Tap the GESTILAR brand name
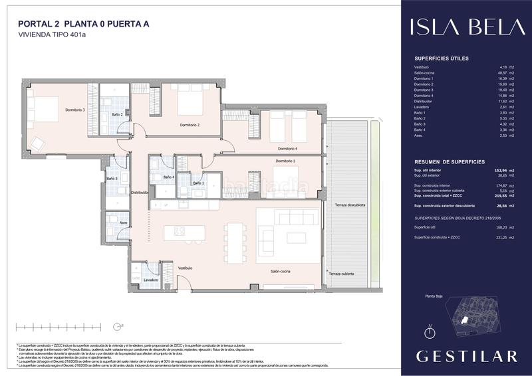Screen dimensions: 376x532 [466, 356]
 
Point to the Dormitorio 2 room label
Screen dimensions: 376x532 [190, 125]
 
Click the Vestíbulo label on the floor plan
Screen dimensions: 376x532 [185, 268]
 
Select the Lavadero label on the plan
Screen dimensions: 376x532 [150, 280]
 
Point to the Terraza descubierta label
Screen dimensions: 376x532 [350, 205]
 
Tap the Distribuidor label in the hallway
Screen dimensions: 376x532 [139, 193]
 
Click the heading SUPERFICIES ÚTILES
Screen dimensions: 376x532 [442, 58]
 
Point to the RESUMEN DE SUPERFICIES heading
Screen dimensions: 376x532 [450, 161]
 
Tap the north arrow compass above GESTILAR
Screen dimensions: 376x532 [430, 330]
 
